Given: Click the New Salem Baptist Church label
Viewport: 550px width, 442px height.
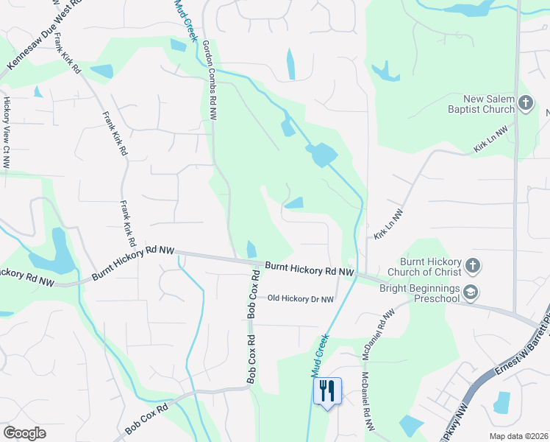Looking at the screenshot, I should pyautogui.click(x=489, y=105).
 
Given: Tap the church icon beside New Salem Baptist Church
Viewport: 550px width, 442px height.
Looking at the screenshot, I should pyautogui.click(x=525, y=104).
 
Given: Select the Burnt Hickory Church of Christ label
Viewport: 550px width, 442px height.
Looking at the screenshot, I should pyautogui.click(x=430, y=268).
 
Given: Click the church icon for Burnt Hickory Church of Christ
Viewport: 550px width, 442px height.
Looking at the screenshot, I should pyautogui.click(x=472, y=264).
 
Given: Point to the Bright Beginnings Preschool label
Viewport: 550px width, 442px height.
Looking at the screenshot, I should pyautogui.click(x=419, y=293).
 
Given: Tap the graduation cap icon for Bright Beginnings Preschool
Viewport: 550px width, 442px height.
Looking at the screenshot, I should pyautogui.click(x=470, y=293).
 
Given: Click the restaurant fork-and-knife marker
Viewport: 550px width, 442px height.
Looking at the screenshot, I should pyautogui.click(x=327, y=390).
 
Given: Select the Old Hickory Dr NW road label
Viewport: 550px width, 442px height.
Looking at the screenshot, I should pyautogui.click(x=301, y=299).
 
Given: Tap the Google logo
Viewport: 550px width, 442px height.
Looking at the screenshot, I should pyautogui.click(x=24, y=433).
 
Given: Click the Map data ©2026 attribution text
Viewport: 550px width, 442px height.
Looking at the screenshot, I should pyautogui.click(x=518, y=436).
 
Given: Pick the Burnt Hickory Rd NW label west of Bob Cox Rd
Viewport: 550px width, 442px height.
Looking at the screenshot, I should pyautogui.click(x=133, y=264).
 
